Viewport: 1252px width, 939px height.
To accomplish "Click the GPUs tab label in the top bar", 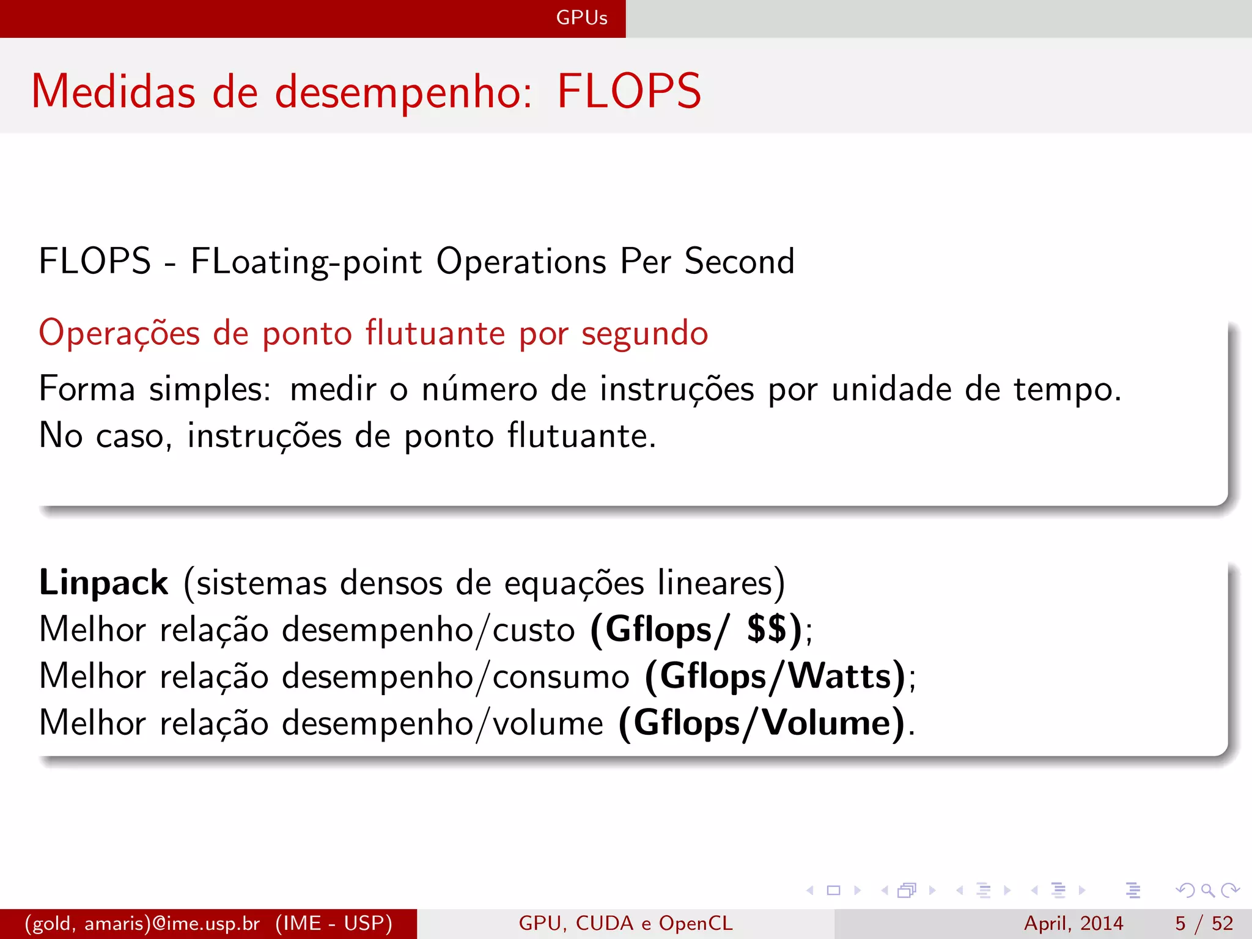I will pyautogui.click(x=581, y=18).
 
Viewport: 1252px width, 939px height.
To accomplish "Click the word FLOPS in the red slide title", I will pyautogui.click(x=629, y=92).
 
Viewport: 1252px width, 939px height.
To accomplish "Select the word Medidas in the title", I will pyautogui.click(x=113, y=92).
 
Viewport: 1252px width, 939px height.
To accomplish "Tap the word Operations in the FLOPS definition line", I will pyautogui.click(x=521, y=262).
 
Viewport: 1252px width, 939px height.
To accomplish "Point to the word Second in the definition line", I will pyautogui.click(x=739, y=262).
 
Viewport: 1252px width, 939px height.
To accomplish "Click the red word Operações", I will pyautogui.click(x=119, y=334).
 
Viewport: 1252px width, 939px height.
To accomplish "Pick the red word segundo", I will pyautogui.click(x=644, y=334).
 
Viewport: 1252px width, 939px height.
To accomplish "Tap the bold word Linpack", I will pyautogui.click(x=103, y=583).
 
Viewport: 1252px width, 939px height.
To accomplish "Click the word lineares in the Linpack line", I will pyautogui.click(x=721, y=583).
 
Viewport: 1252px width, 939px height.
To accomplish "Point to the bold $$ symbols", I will pyautogui.click(x=767, y=629).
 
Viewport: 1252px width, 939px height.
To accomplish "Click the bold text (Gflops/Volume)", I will pyautogui.click(x=762, y=723).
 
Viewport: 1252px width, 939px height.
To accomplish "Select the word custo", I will pyautogui.click(x=534, y=630).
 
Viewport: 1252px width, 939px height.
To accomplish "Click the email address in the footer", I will pyautogui.click(x=142, y=923).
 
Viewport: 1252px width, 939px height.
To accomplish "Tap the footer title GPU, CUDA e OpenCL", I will pyautogui.click(x=625, y=923).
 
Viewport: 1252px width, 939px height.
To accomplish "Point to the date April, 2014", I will pyautogui.click(x=1073, y=923).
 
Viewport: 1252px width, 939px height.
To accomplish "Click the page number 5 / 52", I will pyautogui.click(x=1204, y=923).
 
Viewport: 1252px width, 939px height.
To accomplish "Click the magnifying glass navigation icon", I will pyautogui.click(x=1207, y=890).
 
